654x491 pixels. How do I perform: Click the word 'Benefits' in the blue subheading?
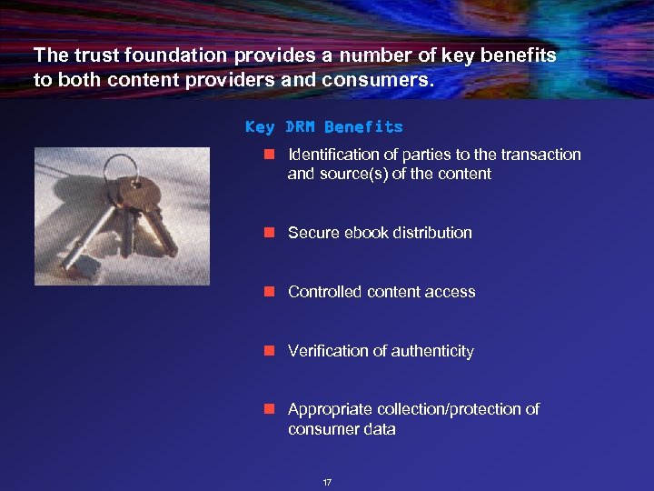363,126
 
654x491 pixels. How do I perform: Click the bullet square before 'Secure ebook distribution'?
269,233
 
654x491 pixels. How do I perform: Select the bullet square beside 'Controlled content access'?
269,292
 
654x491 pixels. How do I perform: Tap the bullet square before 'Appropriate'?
269,410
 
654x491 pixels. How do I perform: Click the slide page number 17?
327,481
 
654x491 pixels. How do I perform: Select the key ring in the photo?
122,167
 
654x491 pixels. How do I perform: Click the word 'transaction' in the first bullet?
540,155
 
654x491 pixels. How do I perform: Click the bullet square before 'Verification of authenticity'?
269,351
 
